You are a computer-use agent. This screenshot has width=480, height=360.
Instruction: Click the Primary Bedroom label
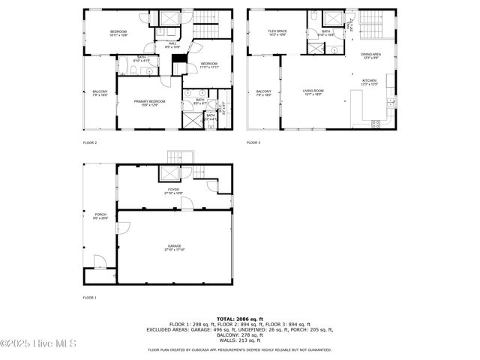tap(149, 103)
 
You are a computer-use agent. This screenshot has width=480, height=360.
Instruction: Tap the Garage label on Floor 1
tap(174, 247)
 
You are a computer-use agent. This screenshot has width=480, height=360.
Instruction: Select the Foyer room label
tap(173, 191)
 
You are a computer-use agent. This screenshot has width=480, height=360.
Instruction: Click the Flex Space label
tap(278, 32)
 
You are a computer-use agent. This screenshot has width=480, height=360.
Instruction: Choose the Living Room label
tap(313, 93)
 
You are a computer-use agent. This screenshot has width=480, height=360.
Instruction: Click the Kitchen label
tap(370, 82)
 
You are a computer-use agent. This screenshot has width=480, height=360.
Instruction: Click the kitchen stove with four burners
tap(376, 123)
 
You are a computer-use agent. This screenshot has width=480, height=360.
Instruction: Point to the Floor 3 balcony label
tap(263, 93)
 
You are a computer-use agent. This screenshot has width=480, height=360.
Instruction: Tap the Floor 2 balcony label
tap(99, 93)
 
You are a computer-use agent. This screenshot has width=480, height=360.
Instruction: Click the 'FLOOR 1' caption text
tap(89, 298)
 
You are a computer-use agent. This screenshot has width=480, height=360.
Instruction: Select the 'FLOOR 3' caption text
tap(254, 142)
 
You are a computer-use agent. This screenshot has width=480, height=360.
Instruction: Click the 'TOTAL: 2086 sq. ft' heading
tap(240, 319)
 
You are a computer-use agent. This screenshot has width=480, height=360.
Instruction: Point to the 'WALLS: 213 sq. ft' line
tap(240, 340)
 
